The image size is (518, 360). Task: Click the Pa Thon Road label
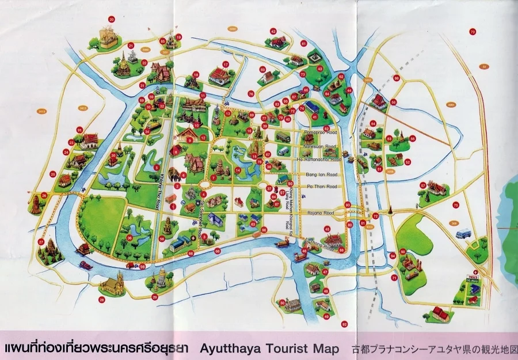[x=321, y=187]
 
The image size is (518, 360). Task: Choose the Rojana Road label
[x=321, y=213]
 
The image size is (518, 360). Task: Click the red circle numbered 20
[x=112, y=19]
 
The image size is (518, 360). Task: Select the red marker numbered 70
[x=473, y=32]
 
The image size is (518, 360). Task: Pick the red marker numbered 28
[x=102, y=300]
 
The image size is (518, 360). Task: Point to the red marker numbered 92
[x=344, y=324]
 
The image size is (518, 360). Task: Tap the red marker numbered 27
[x=41, y=242]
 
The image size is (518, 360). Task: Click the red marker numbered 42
[x=273, y=31]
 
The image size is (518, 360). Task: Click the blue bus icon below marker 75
[x=463, y=234]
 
